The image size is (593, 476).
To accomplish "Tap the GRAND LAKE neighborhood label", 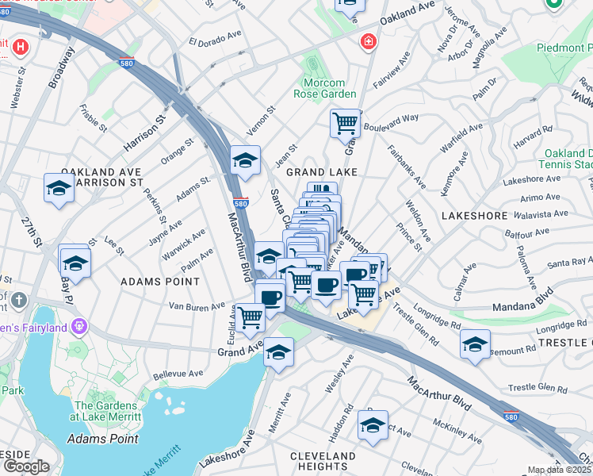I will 322,171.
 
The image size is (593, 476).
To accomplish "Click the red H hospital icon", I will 19,48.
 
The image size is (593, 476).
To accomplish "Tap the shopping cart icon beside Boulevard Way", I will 345,123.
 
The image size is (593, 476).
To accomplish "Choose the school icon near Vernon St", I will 245,160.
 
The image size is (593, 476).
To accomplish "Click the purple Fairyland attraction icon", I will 78,325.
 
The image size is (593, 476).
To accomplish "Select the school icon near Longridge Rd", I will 475,344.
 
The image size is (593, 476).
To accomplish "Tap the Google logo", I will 26,466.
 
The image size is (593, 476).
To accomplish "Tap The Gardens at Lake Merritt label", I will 107,410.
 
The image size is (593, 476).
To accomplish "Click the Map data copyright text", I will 560,470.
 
